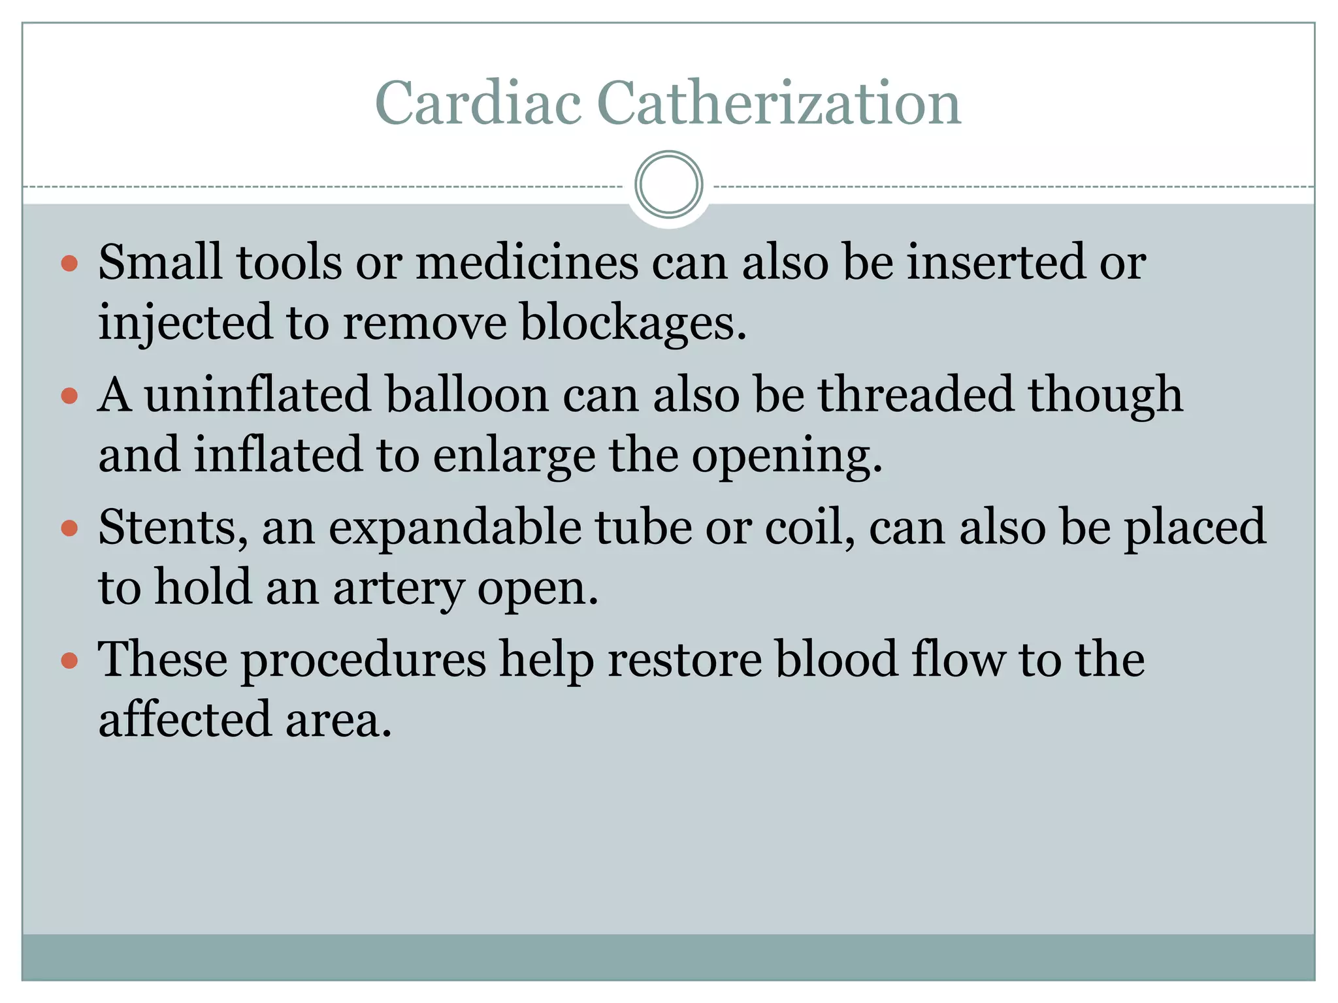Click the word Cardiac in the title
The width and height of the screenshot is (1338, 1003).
pos(478,103)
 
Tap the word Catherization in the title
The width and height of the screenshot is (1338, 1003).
pos(779,103)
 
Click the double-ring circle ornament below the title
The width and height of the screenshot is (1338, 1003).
pos(668,185)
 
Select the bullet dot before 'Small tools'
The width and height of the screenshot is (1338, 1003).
pos(69,264)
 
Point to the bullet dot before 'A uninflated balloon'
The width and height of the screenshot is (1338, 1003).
pos(69,396)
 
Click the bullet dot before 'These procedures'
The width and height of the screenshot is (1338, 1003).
pos(69,661)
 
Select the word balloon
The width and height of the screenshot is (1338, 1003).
pos(466,395)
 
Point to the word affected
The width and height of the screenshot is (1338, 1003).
pos(184,720)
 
